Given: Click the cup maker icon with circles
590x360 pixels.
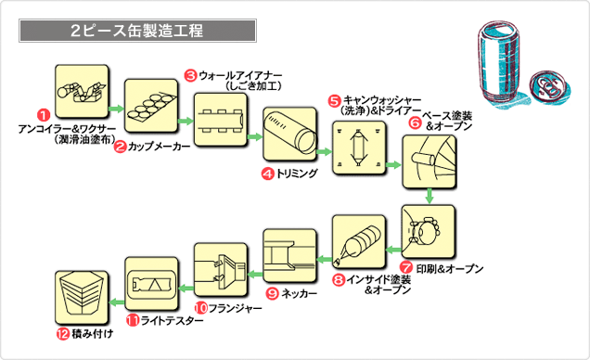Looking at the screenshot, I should pos(150,102).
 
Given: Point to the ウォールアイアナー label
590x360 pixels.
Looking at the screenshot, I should pos(245,80).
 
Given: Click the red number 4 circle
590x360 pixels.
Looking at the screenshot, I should pos(267,174).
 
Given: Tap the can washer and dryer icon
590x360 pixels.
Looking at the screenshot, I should pos(359,148).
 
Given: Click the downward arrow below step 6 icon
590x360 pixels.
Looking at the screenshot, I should pos(430,196).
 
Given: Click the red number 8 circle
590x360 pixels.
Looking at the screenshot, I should pos(340,278).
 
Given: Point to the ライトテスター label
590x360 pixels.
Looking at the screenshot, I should pos(165,320).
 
